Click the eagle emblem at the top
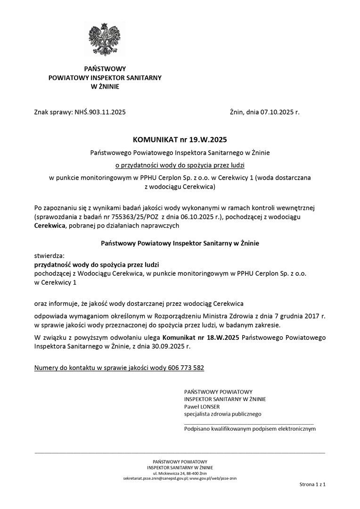click(x=105, y=39)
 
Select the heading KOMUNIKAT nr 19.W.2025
click(x=180, y=140)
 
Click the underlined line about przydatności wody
click(x=180, y=165)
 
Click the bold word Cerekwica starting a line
click(x=50, y=226)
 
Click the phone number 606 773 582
click(x=186, y=368)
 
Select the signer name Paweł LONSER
click(x=202, y=407)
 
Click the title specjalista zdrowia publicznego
click(x=222, y=414)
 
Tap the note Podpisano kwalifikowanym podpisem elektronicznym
click(x=250, y=429)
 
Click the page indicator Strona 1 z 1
click(x=312, y=484)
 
